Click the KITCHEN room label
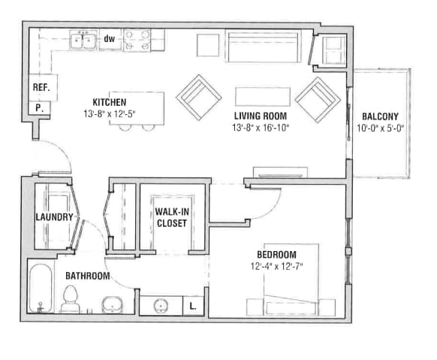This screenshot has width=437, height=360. click(109, 102)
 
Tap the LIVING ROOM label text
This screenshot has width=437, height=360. click(260, 116)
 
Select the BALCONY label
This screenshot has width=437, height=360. click(380, 116)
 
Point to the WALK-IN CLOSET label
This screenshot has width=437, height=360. click(171, 217)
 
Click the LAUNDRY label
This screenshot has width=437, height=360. click(54, 218)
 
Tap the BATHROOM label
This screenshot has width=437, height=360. click(86, 276)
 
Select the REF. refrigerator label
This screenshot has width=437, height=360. click(41, 87)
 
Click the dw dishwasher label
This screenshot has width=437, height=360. click(110, 38)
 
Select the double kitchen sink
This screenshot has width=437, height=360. click(83, 41)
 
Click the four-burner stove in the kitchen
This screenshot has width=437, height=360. click(137, 39)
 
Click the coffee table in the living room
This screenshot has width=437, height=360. click(262, 96)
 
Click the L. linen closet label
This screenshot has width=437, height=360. click(193, 306)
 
